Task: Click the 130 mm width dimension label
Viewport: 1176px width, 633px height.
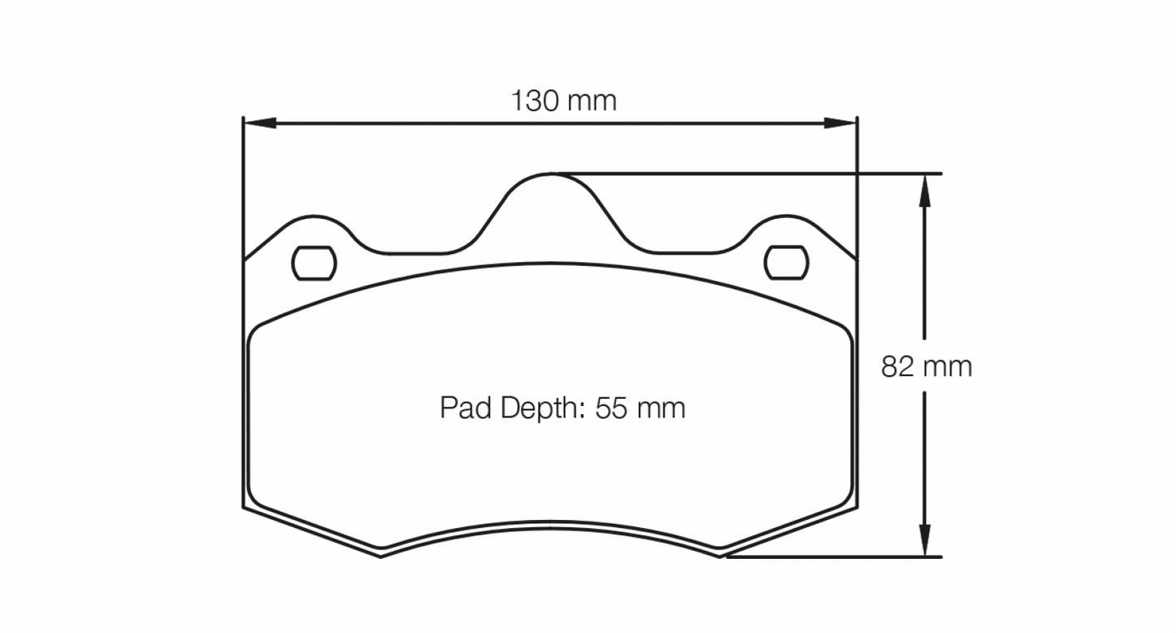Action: pos(563,102)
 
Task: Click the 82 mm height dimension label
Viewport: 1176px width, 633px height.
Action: pos(926,367)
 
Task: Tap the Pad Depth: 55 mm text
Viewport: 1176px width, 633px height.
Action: pos(562,408)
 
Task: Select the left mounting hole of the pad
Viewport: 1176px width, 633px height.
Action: pos(313,262)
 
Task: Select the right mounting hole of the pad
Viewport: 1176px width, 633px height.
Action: pos(787,262)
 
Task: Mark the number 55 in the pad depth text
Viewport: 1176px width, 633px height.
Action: pos(611,408)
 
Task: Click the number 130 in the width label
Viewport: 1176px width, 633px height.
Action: pos(534,102)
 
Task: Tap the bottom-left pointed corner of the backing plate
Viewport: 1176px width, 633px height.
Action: pos(381,556)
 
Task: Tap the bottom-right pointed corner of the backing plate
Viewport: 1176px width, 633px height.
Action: pos(721,556)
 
